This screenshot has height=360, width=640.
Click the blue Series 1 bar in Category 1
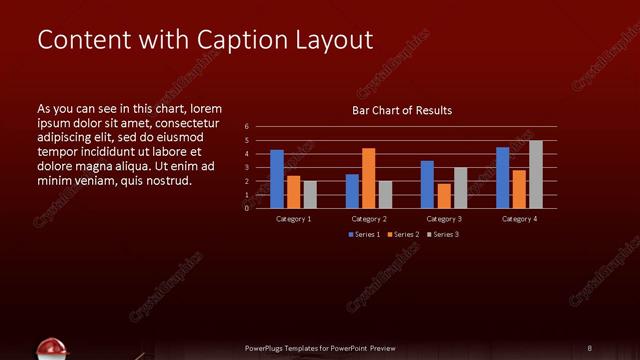coord(277,179)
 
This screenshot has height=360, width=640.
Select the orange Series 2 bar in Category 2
coord(369,178)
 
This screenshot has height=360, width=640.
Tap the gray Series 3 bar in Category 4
coord(536,174)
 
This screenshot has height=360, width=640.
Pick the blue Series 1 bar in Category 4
coord(503,178)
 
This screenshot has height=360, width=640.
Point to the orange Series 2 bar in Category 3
coord(444,196)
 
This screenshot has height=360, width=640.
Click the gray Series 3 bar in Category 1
coord(310,194)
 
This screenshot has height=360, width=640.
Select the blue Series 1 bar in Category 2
coord(352,191)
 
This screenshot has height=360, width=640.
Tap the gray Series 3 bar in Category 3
coord(460,188)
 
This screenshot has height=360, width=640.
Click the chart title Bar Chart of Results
coord(402,110)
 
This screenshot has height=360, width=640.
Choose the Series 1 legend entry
coord(364,234)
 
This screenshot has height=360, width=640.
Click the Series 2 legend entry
coord(402,234)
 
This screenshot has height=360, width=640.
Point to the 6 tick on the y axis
coord(247,127)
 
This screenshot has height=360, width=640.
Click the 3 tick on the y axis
coord(247,168)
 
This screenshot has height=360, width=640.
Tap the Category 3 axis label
coord(444,218)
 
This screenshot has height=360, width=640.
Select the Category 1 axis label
coord(294,218)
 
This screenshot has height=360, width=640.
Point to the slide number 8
coord(590,348)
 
